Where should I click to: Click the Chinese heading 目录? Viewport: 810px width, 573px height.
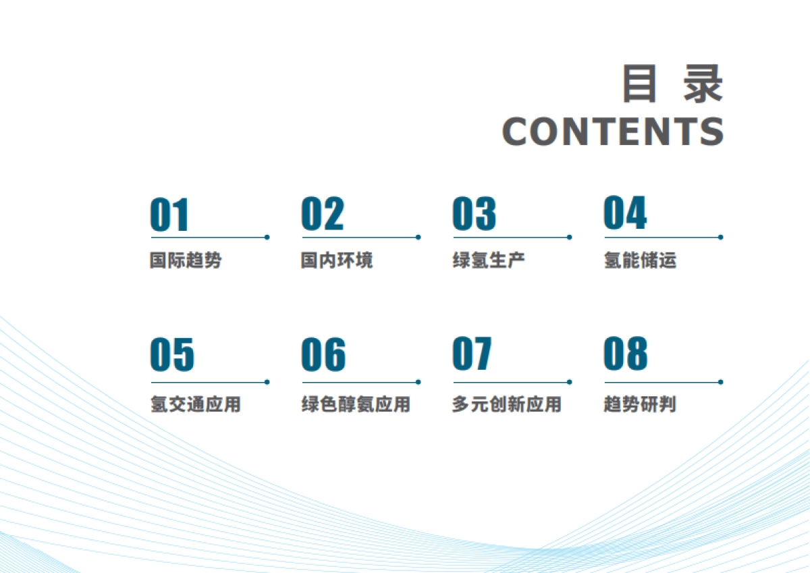[672, 84]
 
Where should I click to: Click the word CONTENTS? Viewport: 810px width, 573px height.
[613, 132]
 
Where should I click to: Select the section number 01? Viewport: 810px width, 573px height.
[169, 215]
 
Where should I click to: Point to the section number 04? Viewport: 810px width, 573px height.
[625, 214]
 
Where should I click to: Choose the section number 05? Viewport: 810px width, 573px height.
[171, 355]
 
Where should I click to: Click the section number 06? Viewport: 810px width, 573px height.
[323, 355]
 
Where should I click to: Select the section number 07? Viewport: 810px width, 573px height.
[472, 355]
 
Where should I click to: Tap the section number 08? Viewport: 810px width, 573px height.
[625, 355]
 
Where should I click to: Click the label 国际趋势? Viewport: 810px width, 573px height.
[186, 261]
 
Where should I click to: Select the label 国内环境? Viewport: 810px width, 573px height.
[336, 261]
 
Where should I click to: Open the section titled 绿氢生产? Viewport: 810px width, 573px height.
[488, 261]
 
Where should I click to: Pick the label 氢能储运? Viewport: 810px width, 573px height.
[639, 261]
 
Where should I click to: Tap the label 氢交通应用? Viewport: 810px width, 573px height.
[195, 405]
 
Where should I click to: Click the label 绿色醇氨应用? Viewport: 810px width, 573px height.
[355, 405]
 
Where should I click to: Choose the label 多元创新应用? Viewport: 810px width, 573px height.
[506, 405]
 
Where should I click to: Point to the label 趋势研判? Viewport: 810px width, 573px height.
[639, 405]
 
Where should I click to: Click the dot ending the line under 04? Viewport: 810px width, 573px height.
[721, 237]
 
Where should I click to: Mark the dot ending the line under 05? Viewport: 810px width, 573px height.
[267, 382]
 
